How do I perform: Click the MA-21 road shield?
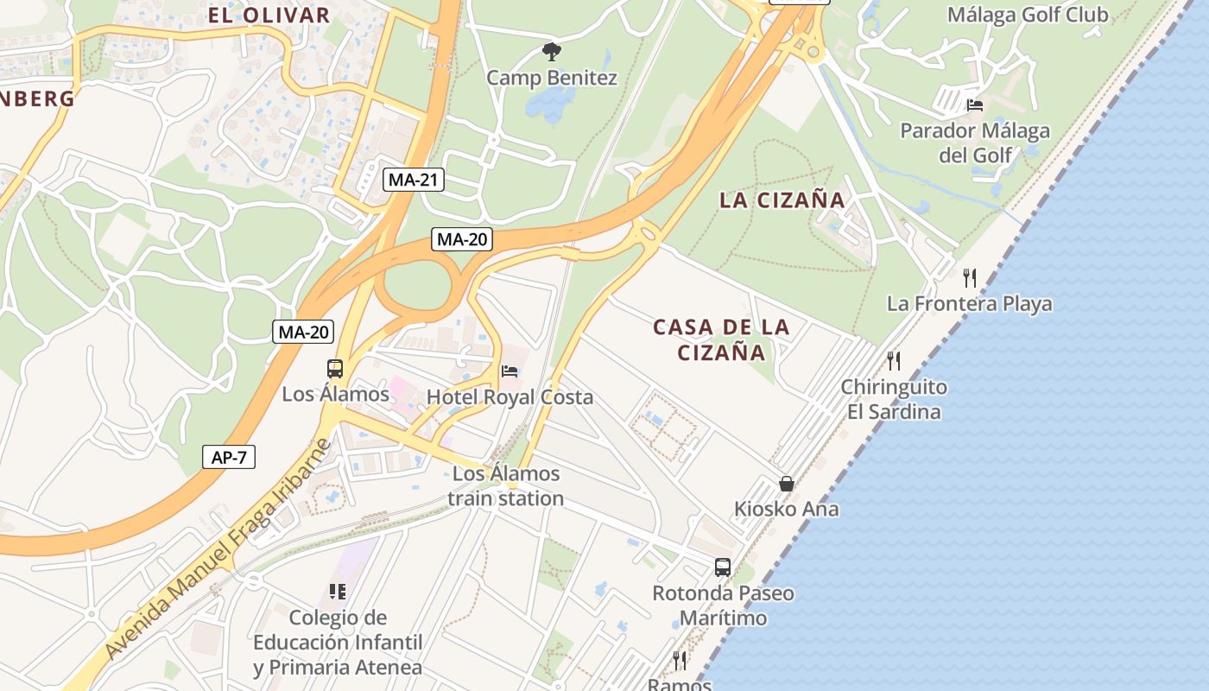414,180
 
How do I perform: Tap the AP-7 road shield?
229,457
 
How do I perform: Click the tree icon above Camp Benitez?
551,52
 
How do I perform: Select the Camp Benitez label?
552,78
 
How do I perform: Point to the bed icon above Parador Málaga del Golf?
975,105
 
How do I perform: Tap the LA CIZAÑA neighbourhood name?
782,200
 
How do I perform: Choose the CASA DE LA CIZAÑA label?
721,339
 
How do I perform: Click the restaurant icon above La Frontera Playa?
970,277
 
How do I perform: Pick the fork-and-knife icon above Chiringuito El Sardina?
894,360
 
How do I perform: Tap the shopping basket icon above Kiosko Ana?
786,484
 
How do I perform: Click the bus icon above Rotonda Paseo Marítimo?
723,567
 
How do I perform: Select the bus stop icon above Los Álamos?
335,369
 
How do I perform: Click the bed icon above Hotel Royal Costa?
510,371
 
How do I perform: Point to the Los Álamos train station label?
506,485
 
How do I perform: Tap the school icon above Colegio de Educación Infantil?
338,592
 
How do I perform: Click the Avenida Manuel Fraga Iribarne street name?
219,553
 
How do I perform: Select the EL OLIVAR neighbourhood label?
269,15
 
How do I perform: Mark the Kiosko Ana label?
786,509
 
